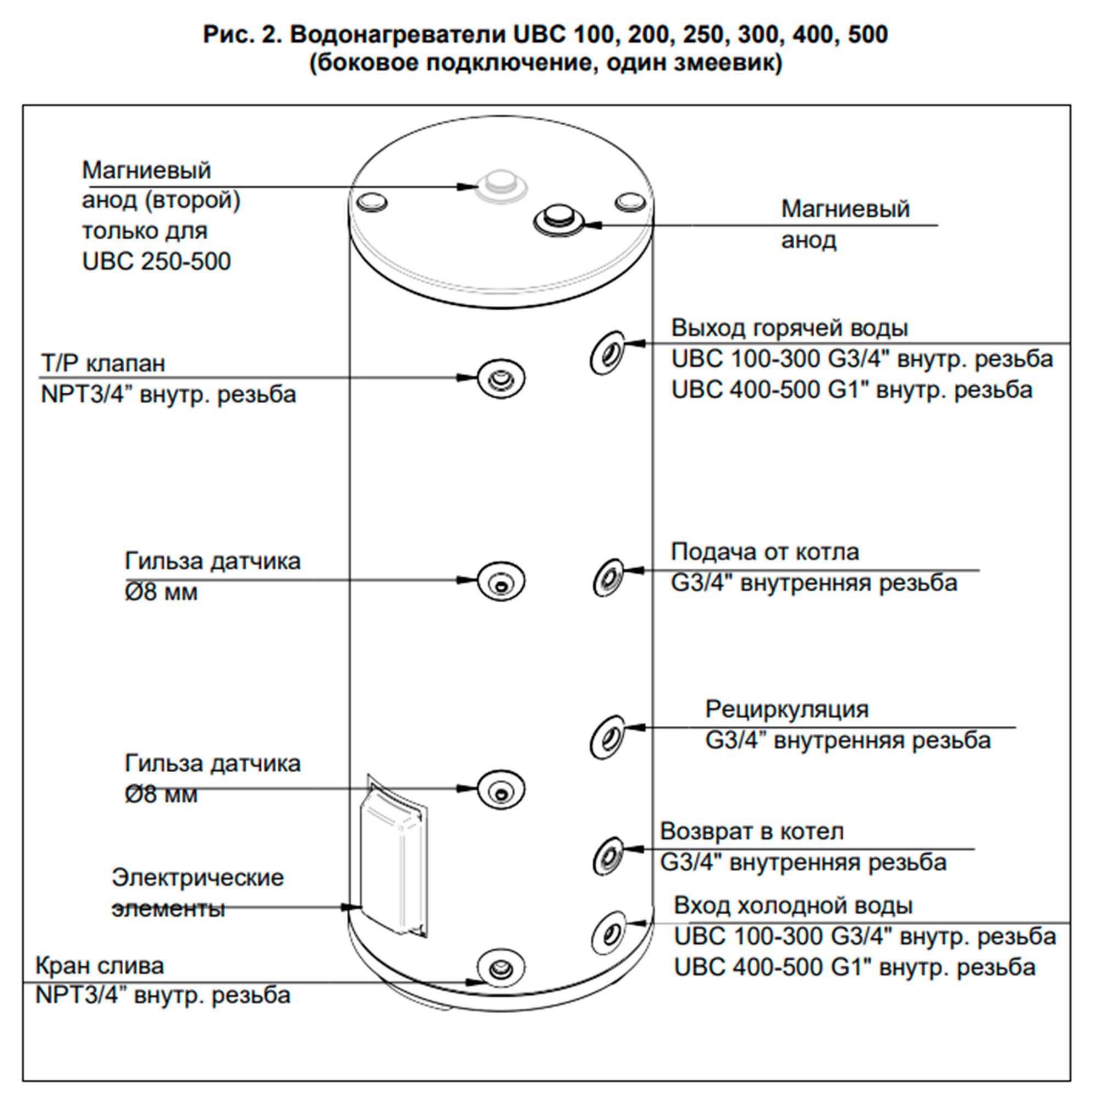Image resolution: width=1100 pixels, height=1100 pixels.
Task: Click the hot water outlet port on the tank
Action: click(x=607, y=353)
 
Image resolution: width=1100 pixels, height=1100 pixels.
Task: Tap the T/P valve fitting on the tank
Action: click(x=501, y=378)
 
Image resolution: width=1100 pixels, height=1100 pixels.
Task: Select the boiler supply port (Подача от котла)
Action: click(x=608, y=578)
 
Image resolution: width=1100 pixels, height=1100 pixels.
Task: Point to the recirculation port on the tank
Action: click(x=608, y=738)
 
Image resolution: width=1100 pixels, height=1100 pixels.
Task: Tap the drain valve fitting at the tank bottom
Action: click(x=501, y=968)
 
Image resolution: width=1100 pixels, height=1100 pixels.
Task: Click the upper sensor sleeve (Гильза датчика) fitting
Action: click(x=501, y=581)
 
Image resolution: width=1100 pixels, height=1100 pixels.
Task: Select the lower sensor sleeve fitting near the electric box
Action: click(x=501, y=790)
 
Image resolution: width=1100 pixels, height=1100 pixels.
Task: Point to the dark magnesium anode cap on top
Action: click(x=559, y=221)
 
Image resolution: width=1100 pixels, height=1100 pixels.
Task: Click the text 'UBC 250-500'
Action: click(x=156, y=261)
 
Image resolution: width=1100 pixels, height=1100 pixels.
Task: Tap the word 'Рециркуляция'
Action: click(x=787, y=710)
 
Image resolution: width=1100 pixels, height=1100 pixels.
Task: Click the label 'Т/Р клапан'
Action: click(x=102, y=363)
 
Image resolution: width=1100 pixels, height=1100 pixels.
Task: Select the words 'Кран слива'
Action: click(x=100, y=966)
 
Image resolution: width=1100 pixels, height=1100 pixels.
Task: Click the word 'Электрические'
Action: click(x=197, y=877)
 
